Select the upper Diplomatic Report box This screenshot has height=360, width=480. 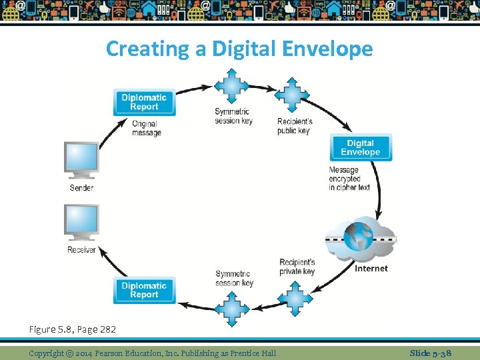[144, 102]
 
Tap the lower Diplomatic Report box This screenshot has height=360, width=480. [144, 290]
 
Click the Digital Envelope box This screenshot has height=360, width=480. [360, 147]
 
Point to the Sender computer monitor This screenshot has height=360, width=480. [82, 159]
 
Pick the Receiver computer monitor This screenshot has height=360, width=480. [82, 222]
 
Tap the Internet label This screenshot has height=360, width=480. [371, 269]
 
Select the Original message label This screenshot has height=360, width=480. [146, 128]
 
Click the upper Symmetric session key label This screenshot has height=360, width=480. [232, 116]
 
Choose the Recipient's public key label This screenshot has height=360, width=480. [295, 126]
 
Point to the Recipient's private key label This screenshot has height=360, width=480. [297, 267]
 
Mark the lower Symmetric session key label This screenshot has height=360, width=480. [234, 278]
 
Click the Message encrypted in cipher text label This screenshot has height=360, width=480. [349, 179]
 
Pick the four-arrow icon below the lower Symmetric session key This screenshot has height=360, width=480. [231, 308]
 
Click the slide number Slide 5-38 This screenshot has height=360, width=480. [430, 353]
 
